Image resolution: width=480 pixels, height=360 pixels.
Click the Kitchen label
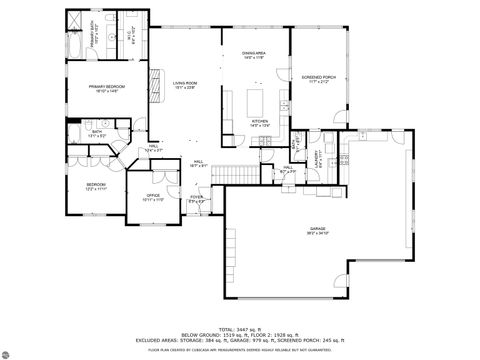(259, 122)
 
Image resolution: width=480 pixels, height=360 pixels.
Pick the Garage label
(317, 230)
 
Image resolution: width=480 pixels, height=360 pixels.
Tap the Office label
(153, 196)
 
